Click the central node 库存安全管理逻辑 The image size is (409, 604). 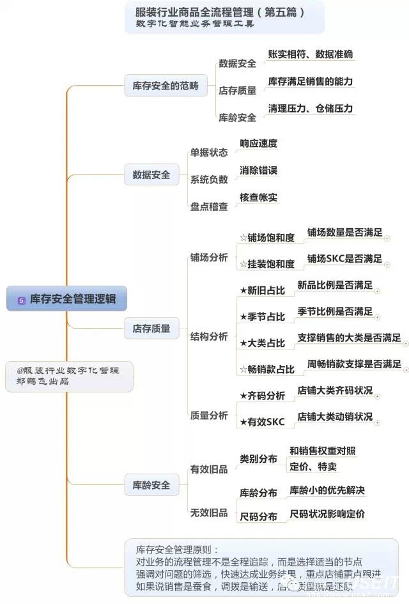(x=67, y=298)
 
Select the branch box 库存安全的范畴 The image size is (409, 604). (x=166, y=86)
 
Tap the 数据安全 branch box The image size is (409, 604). (x=151, y=174)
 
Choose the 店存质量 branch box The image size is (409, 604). (x=151, y=329)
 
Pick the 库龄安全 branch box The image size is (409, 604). (x=151, y=485)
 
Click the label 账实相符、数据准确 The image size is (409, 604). (x=310, y=54)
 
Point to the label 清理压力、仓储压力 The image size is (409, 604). (x=310, y=108)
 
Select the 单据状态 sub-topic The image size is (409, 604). (x=208, y=153)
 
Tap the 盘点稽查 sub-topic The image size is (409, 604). (x=208, y=206)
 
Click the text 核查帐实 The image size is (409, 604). (x=258, y=197)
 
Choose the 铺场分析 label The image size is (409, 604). (x=208, y=257)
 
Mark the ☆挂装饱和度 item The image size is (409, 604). (x=266, y=263)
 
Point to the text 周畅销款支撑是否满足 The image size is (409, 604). (x=354, y=364)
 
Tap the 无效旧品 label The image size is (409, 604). (x=208, y=512)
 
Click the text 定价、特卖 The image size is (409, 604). (x=313, y=467)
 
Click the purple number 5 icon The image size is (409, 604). (x=21, y=299)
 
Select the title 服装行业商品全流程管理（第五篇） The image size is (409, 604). (x=220, y=12)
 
